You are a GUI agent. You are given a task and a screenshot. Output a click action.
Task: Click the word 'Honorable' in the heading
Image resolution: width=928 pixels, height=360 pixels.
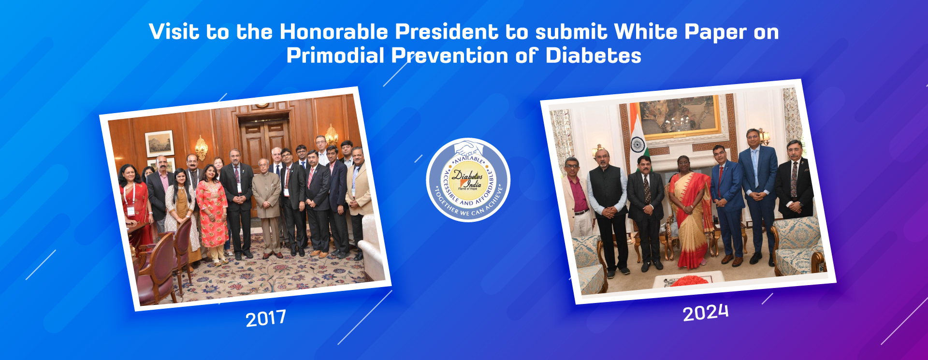tap(333, 32)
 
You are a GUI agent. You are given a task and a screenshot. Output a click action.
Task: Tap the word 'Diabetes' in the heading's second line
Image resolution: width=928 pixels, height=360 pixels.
tap(594, 56)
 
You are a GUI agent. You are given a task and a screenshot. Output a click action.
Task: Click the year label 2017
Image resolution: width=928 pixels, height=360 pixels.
tap(266, 318)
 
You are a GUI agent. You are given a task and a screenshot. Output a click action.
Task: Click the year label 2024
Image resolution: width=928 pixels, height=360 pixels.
tap(705, 313)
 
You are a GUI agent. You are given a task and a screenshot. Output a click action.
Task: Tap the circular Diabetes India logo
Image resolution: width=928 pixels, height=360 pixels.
tap(468, 180)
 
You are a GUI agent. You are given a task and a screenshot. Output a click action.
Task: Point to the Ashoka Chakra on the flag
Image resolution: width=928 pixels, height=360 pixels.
tap(638, 144)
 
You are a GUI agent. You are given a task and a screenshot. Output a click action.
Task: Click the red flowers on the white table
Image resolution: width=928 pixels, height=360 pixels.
tap(689, 281)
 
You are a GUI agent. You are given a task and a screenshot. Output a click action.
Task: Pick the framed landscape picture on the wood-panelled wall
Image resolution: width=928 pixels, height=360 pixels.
tap(159, 144)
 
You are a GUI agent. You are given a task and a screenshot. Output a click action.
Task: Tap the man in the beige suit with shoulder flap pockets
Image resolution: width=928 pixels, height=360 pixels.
tap(267, 208)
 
